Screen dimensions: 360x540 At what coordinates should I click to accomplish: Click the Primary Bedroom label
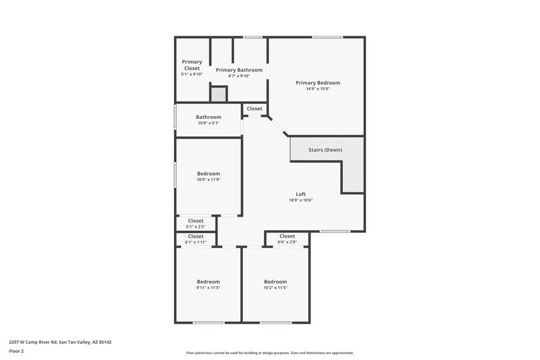coord(317,82)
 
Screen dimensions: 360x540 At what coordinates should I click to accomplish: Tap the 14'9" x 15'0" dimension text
coord(317,88)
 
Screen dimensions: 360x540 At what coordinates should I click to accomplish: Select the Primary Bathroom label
coord(239,70)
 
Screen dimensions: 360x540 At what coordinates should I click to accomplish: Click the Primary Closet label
coord(192,65)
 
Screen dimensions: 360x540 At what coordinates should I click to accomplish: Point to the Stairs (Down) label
coord(325,149)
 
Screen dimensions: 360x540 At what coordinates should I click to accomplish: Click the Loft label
coord(301,194)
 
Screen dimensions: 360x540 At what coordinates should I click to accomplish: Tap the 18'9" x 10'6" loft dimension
coord(301,200)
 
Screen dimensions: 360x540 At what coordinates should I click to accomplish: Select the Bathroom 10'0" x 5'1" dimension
coord(209,123)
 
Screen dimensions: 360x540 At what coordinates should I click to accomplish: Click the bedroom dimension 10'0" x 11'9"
coord(209,180)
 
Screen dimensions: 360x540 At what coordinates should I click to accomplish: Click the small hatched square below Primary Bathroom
coord(218,95)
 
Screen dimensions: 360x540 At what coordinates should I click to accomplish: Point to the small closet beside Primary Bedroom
coord(254,109)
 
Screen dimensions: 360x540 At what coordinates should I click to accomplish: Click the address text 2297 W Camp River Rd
coord(60,342)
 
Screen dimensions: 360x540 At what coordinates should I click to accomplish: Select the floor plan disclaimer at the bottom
coord(269,353)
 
